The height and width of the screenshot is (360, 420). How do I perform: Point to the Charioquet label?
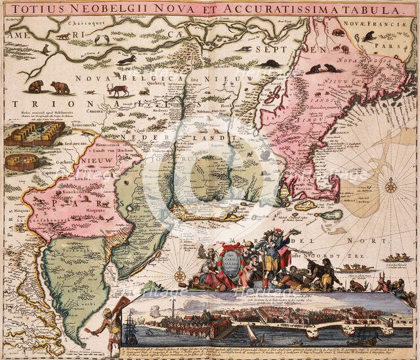coord(68,23)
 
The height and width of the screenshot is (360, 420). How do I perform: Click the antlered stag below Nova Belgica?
coord(119,89)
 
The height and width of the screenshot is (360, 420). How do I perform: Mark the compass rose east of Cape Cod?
coord(390,186)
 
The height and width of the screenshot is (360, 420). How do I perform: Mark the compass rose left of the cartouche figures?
coord(180,275)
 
